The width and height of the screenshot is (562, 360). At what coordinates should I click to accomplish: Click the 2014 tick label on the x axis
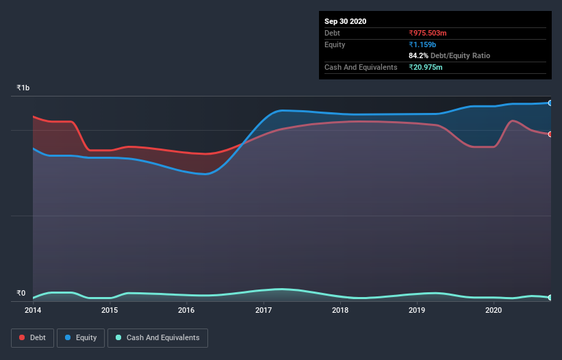(x=33, y=310)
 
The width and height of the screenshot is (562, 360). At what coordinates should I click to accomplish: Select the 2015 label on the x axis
(x=110, y=310)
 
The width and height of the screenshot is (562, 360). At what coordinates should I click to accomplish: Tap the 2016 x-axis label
(x=186, y=310)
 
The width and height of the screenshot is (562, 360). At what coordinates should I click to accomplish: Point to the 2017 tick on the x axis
(x=264, y=310)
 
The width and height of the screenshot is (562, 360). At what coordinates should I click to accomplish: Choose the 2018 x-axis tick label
(x=340, y=310)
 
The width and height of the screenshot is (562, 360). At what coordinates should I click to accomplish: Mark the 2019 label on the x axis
(x=417, y=310)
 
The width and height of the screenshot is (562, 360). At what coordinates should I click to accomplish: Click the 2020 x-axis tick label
(x=494, y=310)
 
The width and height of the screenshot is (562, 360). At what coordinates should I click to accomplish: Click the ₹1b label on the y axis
(x=23, y=88)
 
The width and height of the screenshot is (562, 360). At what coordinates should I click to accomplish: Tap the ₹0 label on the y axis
(x=21, y=294)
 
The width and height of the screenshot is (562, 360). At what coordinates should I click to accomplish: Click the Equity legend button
(x=81, y=337)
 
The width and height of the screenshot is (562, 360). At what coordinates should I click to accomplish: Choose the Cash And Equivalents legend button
(x=157, y=337)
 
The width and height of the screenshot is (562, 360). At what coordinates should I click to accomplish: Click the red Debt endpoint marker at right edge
(x=550, y=134)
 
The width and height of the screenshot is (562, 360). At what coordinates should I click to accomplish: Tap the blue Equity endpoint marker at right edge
(x=550, y=103)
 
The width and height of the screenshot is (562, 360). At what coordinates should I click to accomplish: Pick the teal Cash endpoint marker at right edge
(x=550, y=298)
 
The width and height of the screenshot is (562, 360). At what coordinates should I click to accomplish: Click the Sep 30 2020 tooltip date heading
(x=345, y=21)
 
